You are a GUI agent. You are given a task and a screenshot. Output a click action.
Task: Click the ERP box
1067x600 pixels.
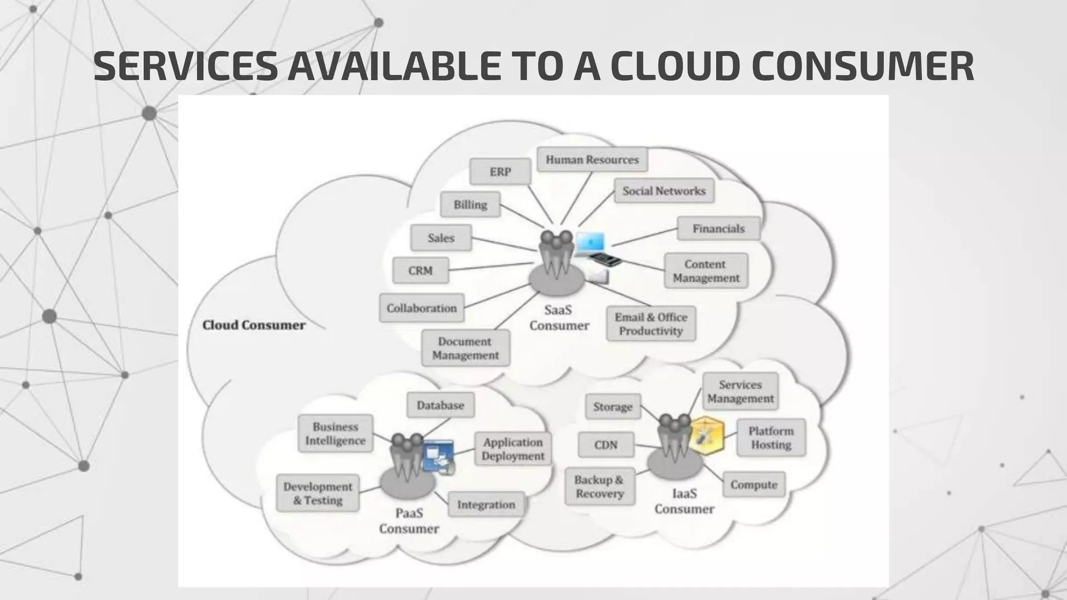pyautogui.click(x=500, y=172)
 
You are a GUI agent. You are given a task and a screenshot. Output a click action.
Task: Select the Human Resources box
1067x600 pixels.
pyautogui.click(x=592, y=160)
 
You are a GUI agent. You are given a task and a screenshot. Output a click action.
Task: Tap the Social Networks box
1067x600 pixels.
pyautogui.click(x=664, y=191)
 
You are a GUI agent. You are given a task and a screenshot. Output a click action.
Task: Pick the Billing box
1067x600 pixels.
pyautogui.click(x=470, y=205)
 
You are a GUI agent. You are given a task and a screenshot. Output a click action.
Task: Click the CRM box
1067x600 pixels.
pyautogui.click(x=420, y=271)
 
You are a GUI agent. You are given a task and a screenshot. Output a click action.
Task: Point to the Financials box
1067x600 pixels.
pyautogui.click(x=718, y=229)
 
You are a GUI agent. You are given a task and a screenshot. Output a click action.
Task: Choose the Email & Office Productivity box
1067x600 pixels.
pyautogui.click(x=651, y=324)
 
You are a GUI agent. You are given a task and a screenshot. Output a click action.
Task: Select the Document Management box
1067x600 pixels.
pyautogui.click(x=465, y=348)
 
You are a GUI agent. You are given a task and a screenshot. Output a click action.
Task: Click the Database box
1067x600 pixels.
pyautogui.click(x=440, y=405)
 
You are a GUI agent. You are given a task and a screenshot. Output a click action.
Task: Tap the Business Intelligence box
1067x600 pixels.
pyautogui.click(x=336, y=433)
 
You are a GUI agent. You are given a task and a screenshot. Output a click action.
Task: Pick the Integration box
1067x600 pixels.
pyautogui.click(x=486, y=505)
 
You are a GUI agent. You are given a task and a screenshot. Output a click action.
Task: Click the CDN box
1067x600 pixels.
pyautogui.click(x=606, y=445)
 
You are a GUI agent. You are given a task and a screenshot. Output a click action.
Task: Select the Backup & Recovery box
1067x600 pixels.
pyautogui.click(x=600, y=486)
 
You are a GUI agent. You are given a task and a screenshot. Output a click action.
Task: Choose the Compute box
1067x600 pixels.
pyautogui.click(x=753, y=485)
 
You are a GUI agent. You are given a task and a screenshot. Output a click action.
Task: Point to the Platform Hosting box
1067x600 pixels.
pyautogui.click(x=771, y=438)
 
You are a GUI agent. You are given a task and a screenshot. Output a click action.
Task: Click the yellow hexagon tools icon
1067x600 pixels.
pyautogui.click(x=706, y=436)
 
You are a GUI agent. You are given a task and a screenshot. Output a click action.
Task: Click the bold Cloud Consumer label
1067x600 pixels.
pyautogui.click(x=254, y=326)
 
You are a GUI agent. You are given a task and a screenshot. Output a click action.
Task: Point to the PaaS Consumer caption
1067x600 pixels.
pyautogui.click(x=409, y=521)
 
